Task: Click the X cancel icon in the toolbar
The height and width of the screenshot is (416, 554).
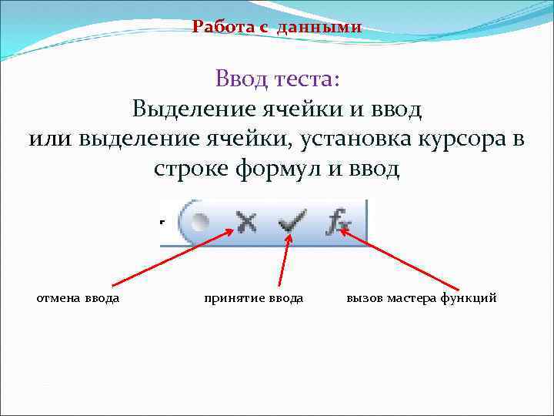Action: tap(246, 223)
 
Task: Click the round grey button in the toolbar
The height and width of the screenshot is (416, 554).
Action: tap(199, 223)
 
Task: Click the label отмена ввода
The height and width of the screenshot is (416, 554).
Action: tap(78, 297)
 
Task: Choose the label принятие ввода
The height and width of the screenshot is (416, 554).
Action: tap(253, 297)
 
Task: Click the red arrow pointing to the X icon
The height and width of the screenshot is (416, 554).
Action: tap(169, 258)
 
